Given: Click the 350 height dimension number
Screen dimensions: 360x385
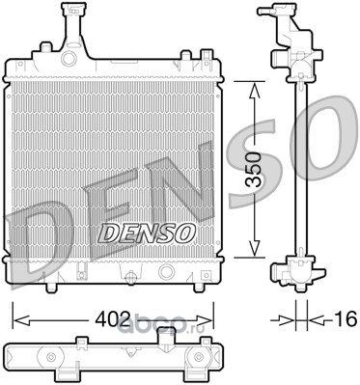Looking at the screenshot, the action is (x=253, y=170).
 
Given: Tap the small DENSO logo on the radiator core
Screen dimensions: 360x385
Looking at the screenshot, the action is (x=146, y=234).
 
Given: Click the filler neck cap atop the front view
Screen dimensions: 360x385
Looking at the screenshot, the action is (x=73, y=10).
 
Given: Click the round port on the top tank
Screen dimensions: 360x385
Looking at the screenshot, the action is (x=69, y=59).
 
